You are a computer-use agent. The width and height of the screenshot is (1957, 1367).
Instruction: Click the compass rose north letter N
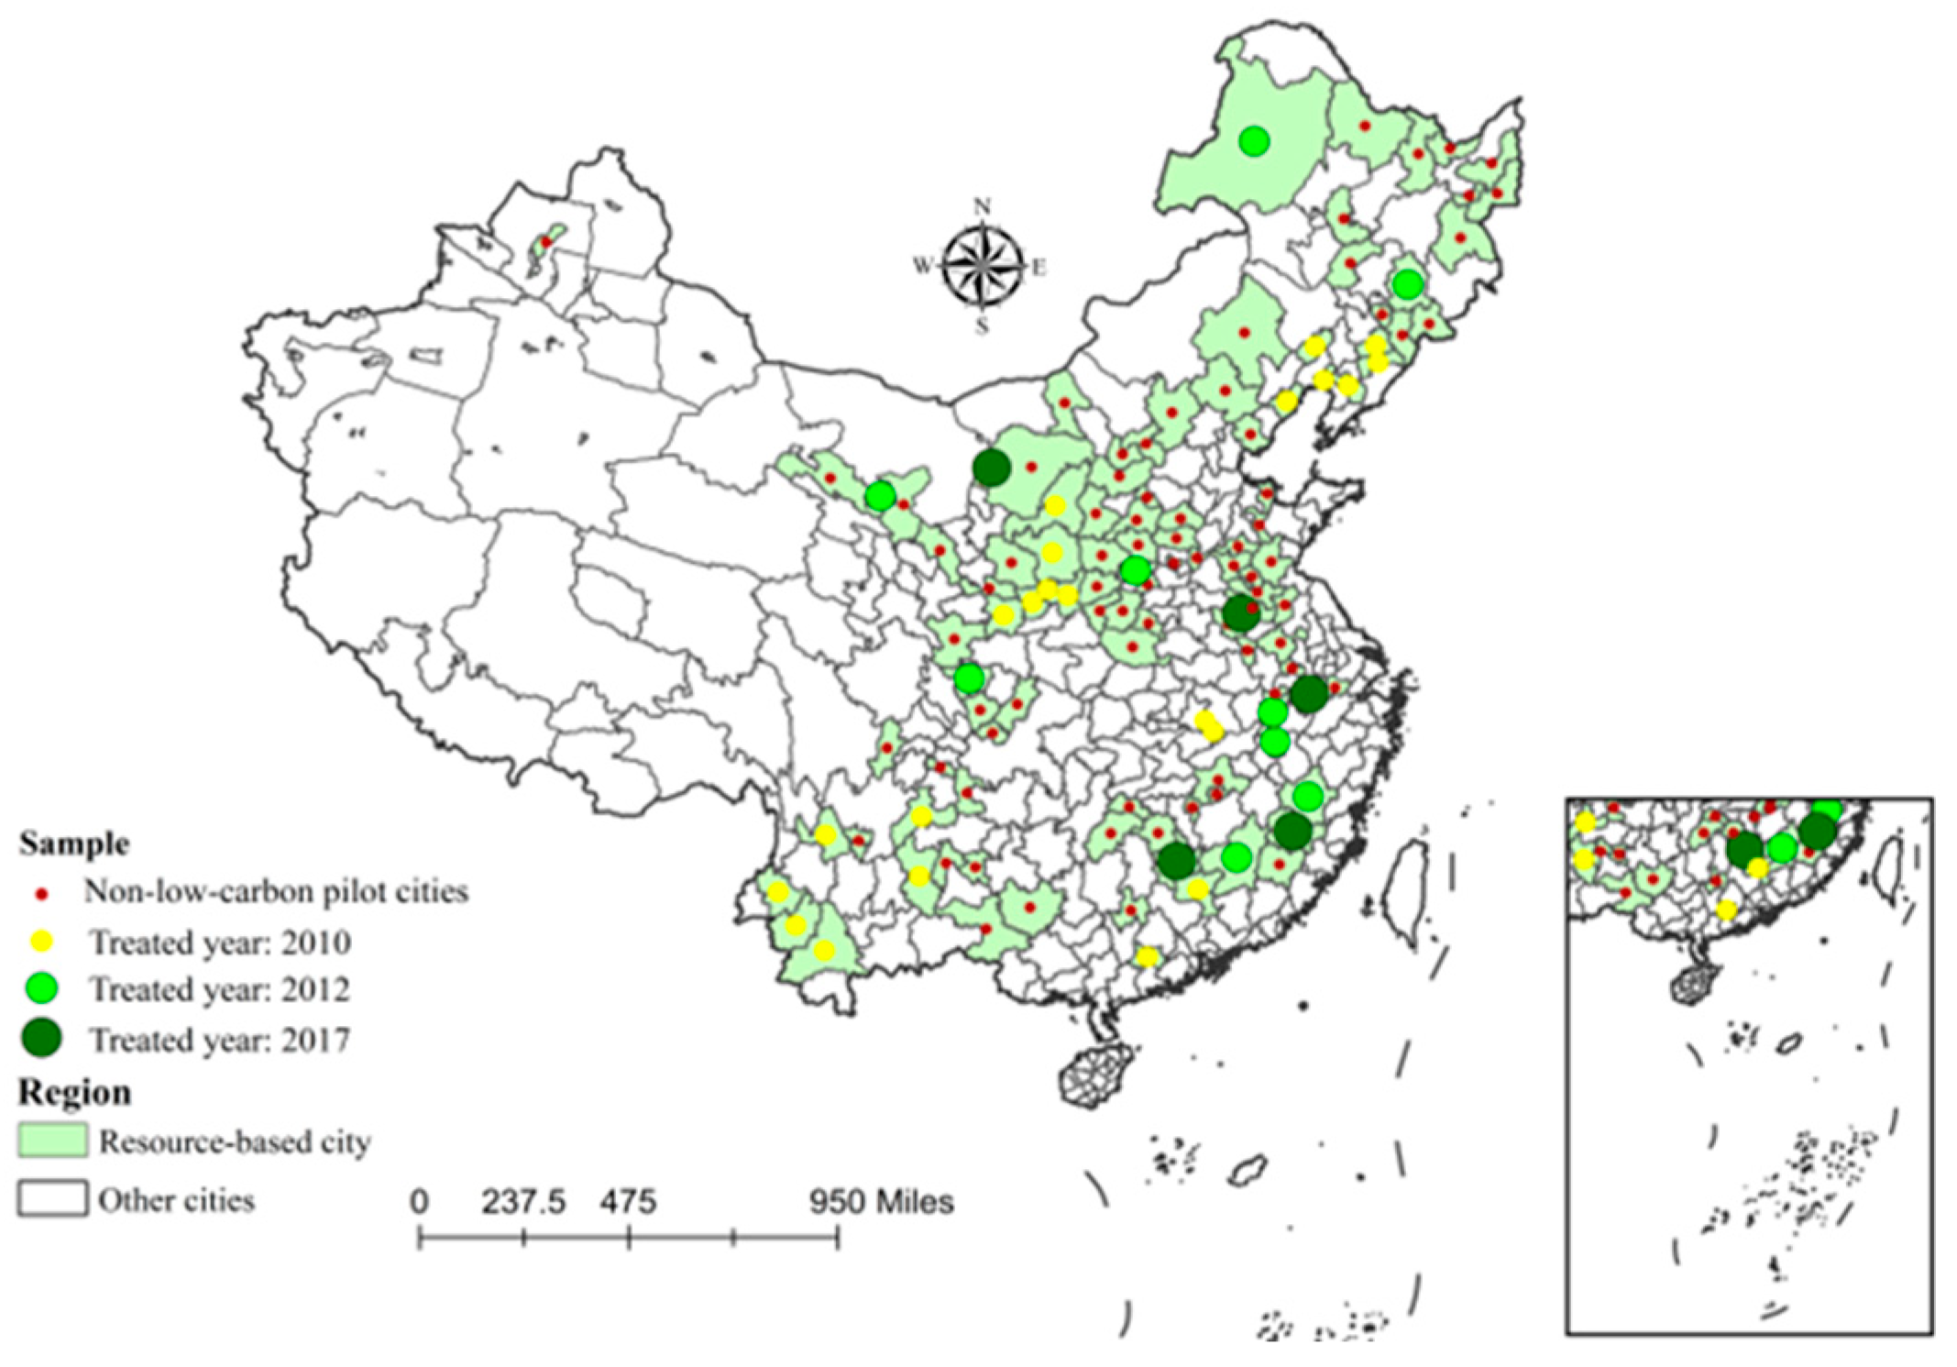[982, 205]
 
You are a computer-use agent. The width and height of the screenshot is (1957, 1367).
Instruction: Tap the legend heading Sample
[74, 843]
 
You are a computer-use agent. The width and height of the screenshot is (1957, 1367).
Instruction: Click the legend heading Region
[74, 1092]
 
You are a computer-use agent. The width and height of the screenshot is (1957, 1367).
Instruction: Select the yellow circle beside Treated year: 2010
[42, 942]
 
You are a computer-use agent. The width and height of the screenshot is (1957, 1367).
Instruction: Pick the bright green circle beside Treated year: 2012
[42, 989]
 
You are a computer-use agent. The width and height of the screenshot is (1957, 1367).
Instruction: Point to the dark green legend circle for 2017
[42, 1039]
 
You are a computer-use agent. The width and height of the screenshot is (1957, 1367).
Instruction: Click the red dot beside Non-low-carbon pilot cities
[41, 892]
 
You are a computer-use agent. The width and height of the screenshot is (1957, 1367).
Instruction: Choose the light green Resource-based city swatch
[52, 1141]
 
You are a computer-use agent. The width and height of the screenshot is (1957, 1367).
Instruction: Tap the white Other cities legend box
[52, 1198]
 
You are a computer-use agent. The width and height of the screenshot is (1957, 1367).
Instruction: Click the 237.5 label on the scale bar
[523, 1201]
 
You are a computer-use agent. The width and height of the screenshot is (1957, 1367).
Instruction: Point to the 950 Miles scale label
[880, 1201]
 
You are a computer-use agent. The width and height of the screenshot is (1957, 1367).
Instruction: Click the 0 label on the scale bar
[419, 1201]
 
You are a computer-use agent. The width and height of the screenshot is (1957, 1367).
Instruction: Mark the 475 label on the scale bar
[629, 1201]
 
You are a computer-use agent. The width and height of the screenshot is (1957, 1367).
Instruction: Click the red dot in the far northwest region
[545, 243]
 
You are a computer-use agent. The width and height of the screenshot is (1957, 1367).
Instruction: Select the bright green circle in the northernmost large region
[1254, 141]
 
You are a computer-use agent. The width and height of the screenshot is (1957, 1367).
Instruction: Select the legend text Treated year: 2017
[220, 1041]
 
